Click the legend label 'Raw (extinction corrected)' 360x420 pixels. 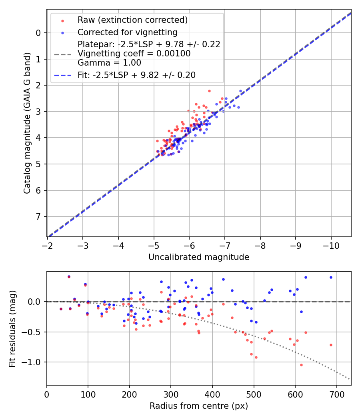(132, 20)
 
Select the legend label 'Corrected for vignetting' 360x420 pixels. (127, 32)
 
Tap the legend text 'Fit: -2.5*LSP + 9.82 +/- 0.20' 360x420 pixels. (136, 75)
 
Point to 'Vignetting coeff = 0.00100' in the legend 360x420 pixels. (134, 54)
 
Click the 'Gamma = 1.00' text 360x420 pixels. (109, 62)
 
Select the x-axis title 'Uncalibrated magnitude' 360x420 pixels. (199, 257)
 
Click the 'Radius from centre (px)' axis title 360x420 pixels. (199, 406)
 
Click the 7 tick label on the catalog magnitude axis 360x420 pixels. (38, 217)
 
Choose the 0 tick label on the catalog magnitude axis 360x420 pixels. (38, 33)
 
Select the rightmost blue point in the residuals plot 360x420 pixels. (331, 277)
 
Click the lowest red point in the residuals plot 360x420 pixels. (301, 365)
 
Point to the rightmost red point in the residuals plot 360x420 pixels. (331, 345)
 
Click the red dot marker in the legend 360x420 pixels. (62, 20)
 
